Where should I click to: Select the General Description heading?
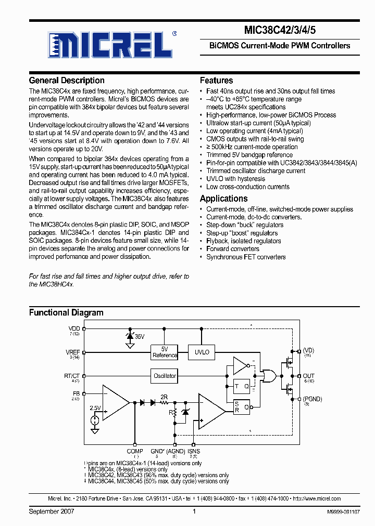pos(67,81)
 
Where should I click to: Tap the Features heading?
pos(216,81)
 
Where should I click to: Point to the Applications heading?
pos(223,199)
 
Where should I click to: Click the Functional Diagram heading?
pos(66,313)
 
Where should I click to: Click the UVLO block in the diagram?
pos(202,352)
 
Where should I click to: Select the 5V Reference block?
pos(165,352)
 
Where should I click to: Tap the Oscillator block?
pos(165,376)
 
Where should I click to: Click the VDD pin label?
pos(74,328)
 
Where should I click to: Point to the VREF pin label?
pos(73,352)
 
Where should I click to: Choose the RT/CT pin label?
pos(72,375)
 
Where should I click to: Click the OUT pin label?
pos(309,376)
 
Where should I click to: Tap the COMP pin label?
pos(135,452)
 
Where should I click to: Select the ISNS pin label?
pos(194,452)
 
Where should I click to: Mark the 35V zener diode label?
pos(140,337)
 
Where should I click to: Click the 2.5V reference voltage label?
pos(95,409)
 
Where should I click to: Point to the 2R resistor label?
pos(164,397)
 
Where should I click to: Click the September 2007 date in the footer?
pos(52,512)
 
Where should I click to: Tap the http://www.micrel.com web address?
pos(316,498)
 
